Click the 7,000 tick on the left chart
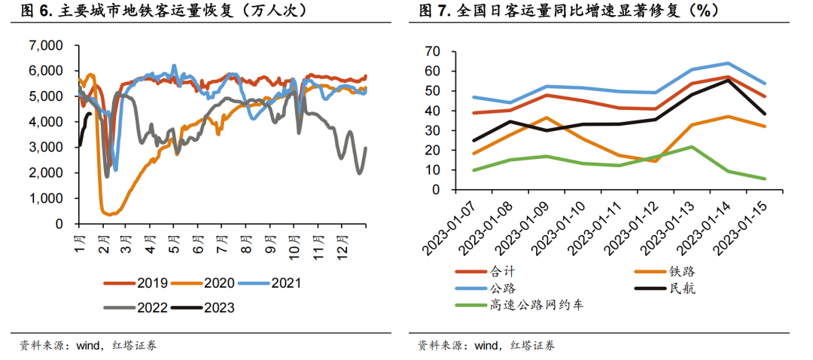[x=46, y=45]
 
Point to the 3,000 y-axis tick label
[x=46, y=147]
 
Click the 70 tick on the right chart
[x=432, y=51]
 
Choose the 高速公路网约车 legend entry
[x=536, y=305]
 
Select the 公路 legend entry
[x=502, y=288]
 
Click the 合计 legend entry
[x=502, y=271]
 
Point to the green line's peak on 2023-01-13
[x=692, y=147]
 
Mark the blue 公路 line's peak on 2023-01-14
[x=728, y=63]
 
